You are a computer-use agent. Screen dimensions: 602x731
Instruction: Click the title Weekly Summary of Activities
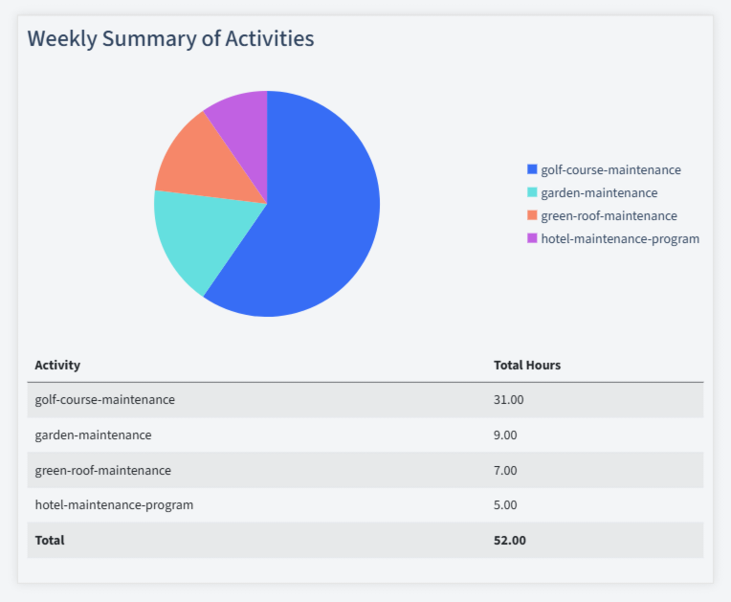coord(170,39)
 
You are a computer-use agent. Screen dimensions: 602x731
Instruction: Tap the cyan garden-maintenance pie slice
coord(206,239)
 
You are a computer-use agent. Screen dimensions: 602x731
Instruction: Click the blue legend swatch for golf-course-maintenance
coord(532,169)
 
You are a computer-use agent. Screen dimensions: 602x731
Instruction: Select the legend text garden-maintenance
coord(599,192)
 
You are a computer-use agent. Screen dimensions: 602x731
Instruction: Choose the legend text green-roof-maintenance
coord(609,215)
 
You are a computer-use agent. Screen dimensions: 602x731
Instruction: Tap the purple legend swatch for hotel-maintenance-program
coord(532,238)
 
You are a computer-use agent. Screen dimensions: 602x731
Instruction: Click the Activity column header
coord(57,365)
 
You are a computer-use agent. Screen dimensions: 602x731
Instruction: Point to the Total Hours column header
coord(526,365)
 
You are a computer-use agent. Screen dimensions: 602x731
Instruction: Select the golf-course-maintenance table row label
coord(104,399)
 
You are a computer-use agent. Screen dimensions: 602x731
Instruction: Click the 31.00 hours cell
coord(508,399)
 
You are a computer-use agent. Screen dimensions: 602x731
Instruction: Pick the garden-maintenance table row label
coord(93,435)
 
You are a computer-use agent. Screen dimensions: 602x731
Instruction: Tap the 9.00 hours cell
coord(505,435)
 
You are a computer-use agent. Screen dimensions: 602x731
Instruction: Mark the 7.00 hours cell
coord(505,470)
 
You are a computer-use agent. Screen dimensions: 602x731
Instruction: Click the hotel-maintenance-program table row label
coord(114,504)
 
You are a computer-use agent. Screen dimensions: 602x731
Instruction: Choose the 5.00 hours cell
coord(505,504)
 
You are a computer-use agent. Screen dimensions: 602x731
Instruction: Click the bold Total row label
coord(50,540)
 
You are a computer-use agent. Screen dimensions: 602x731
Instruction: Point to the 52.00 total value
coord(509,540)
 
